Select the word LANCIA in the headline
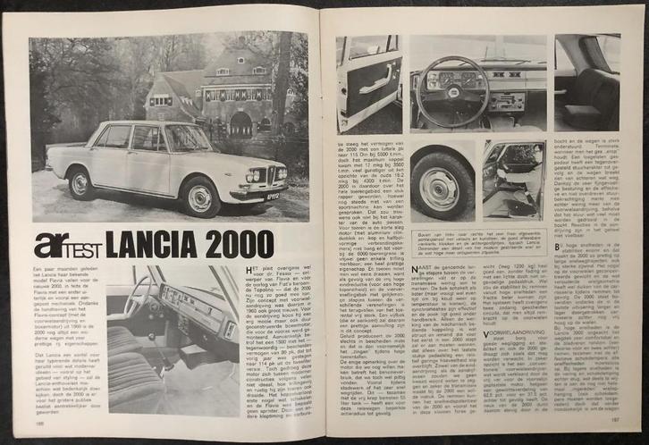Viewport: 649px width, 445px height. pyautogui.click(x=162, y=244)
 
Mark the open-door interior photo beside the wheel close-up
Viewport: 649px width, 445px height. pyautogui.click(x=512, y=179)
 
